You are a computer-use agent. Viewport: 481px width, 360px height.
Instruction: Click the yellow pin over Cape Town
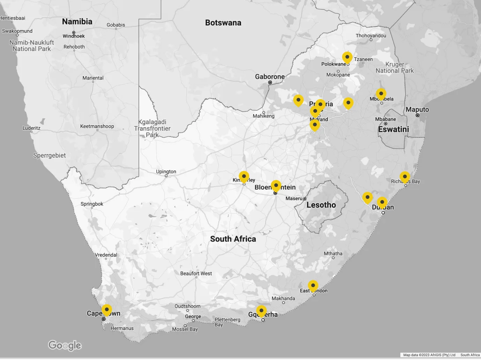[106, 310]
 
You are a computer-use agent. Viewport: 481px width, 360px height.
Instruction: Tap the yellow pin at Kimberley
[244, 177]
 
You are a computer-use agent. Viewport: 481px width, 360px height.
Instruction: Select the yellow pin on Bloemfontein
[276, 186]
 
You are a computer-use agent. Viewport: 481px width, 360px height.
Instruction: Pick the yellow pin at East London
[313, 286]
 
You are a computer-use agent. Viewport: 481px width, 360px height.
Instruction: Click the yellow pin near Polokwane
[347, 57]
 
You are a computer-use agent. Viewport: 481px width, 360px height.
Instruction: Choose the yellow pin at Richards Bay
[405, 177]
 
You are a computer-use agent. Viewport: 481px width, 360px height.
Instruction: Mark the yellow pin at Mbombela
[381, 94]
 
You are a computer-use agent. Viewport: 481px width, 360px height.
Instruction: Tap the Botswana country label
[223, 23]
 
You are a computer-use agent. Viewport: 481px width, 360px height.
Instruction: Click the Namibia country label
[77, 22]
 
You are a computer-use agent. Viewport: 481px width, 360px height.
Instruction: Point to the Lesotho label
[321, 205]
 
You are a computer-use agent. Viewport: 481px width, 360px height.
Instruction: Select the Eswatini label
[393, 129]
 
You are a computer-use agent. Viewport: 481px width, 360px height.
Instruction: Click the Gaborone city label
[270, 77]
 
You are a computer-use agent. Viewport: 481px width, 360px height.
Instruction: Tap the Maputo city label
[417, 110]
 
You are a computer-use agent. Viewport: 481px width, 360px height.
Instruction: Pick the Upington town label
[166, 172]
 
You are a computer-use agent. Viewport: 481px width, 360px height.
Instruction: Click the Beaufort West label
[196, 273]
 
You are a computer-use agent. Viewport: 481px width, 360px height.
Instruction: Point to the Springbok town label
[92, 204]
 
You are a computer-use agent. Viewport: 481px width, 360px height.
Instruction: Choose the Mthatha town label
[333, 254]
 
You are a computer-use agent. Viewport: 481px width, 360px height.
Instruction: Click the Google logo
[65, 345]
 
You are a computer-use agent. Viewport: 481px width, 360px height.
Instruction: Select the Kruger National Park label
[394, 68]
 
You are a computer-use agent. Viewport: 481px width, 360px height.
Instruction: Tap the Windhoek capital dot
[74, 32]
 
